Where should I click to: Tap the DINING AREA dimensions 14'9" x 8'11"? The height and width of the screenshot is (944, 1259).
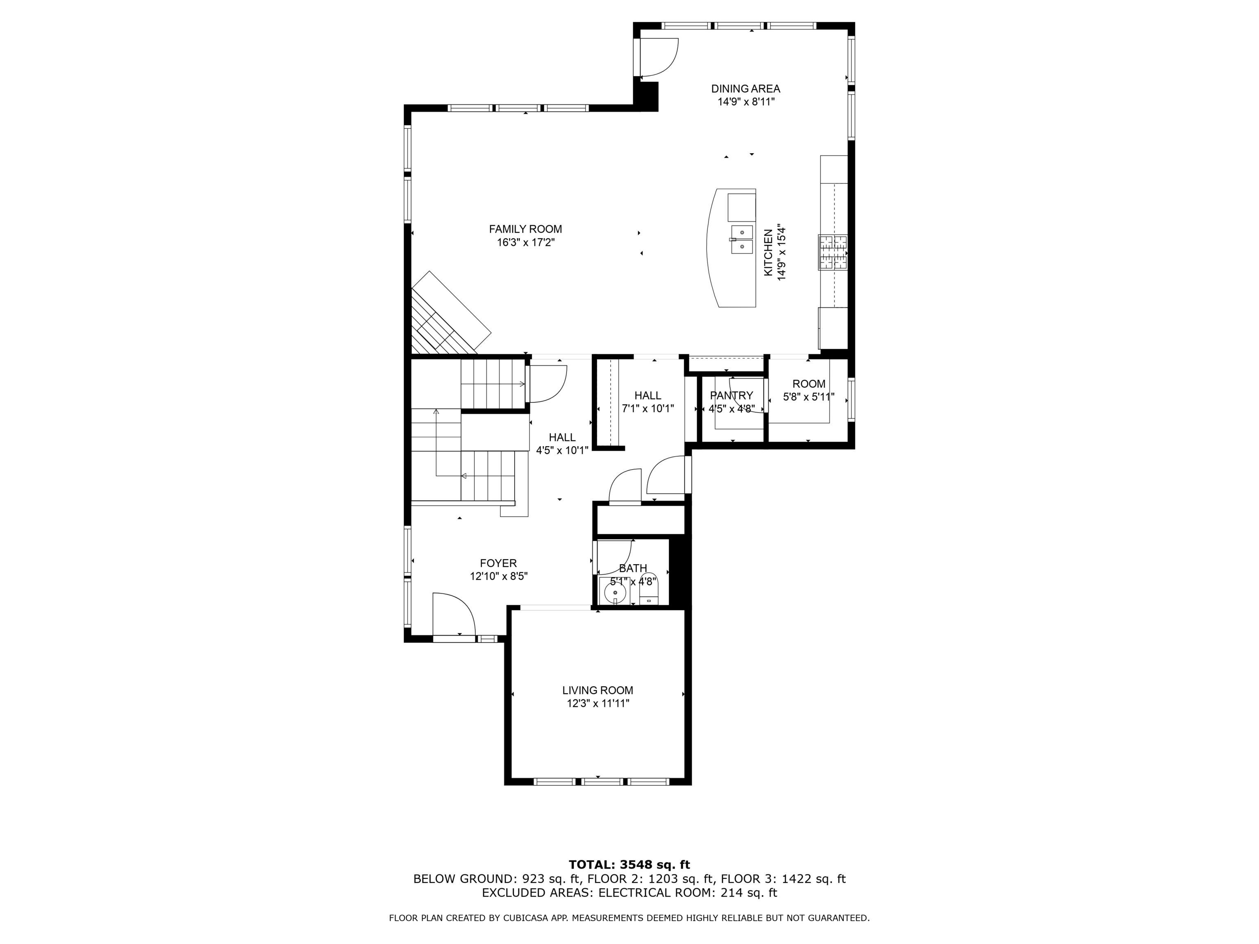745,102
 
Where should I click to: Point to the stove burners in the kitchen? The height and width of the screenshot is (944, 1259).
833,252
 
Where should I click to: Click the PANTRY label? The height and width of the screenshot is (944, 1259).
732,395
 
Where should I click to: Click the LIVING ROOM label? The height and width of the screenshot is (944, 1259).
598,690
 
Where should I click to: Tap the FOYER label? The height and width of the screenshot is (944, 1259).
498,563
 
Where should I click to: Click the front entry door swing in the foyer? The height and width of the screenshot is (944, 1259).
452,615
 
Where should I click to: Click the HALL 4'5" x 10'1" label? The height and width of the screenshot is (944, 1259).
562,444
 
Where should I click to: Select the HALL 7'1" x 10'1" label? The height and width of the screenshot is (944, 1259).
648,402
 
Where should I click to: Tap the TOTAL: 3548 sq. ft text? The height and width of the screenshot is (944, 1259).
629,865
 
